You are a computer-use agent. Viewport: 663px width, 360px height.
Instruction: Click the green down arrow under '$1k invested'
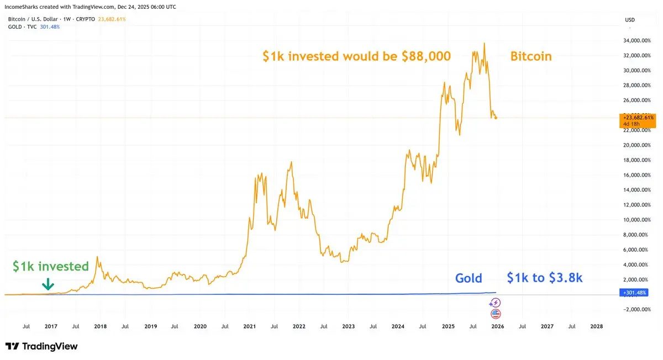[x=48, y=284]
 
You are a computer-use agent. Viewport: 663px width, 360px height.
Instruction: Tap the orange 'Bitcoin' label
[x=530, y=56]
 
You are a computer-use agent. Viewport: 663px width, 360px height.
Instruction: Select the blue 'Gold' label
[x=469, y=278]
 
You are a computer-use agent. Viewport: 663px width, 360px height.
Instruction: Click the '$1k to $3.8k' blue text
[x=544, y=278]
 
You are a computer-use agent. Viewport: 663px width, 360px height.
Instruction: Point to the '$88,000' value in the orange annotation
[x=424, y=56]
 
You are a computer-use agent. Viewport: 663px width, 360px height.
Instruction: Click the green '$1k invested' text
[x=51, y=267]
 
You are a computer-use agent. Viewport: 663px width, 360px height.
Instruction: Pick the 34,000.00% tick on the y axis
[x=635, y=40]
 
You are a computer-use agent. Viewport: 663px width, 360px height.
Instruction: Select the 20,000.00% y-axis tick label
[x=635, y=145]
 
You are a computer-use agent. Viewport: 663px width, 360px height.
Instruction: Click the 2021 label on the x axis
[x=249, y=326]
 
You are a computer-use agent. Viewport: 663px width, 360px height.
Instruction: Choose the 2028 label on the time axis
[x=597, y=326]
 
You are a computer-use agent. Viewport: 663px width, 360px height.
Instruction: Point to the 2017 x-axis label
[x=51, y=326]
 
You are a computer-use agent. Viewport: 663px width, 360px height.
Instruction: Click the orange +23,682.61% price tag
[x=639, y=118]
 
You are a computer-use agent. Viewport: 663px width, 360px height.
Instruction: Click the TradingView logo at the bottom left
[x=42, y=346]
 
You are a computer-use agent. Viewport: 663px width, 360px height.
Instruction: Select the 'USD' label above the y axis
[x=630, y=20]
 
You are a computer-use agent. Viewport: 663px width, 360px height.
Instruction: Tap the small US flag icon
[x=496, y=314]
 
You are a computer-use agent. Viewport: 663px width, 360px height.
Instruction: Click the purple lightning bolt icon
[x=496, y=302]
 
